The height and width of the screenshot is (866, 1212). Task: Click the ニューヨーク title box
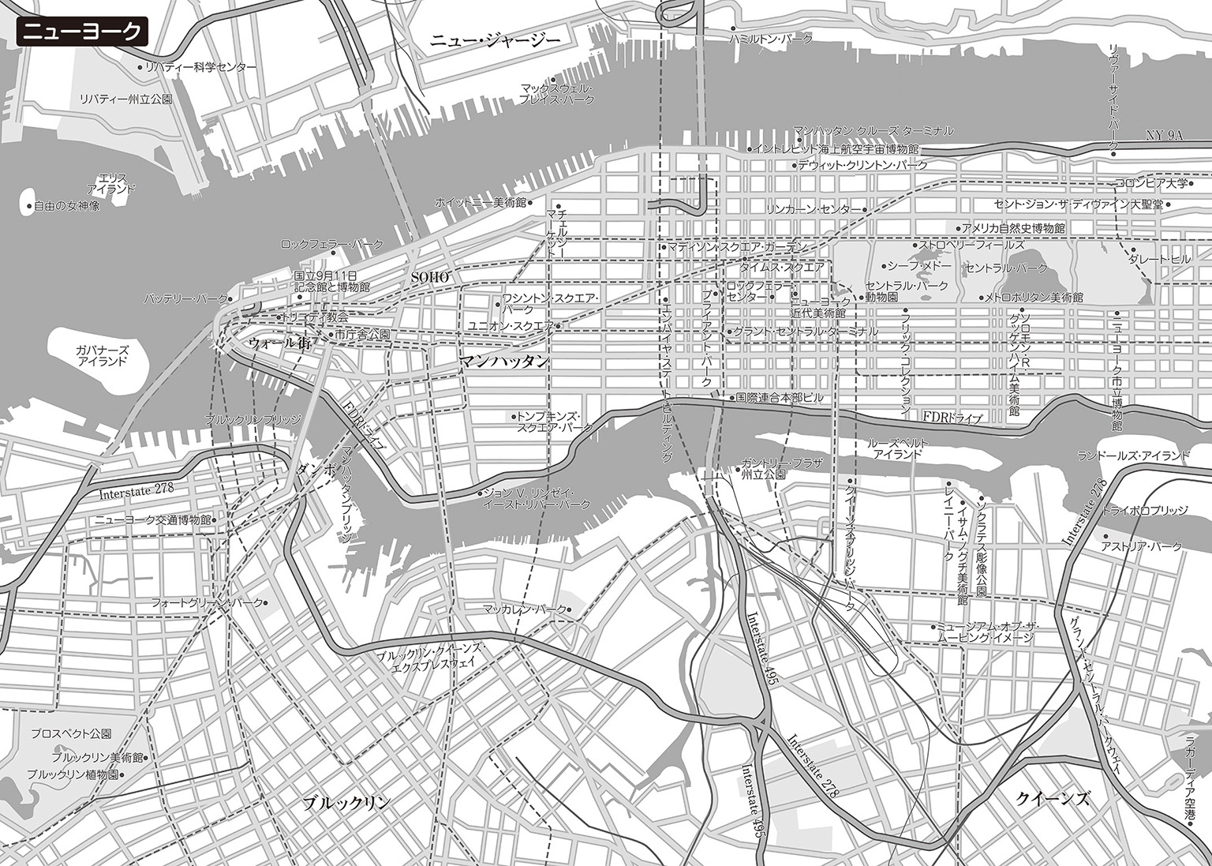coord(81,32)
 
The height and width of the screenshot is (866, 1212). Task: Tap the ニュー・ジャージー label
coord(495,41)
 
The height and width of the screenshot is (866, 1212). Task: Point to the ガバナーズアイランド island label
coord(102,355)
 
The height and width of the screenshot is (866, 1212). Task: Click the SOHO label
coord(430,277)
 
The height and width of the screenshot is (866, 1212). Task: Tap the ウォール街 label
coord(279,344)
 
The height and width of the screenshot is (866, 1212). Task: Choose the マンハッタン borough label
coord(504,362)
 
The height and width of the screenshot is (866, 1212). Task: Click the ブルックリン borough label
coord(346,803)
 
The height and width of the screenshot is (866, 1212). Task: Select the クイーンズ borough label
coord(1053,799)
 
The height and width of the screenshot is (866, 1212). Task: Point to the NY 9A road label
coord(1165,136)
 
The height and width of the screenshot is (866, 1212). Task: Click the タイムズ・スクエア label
coord(782,268)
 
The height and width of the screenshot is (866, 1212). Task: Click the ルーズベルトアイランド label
coord(898,449)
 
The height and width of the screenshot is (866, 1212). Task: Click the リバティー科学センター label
coord(201,68)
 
